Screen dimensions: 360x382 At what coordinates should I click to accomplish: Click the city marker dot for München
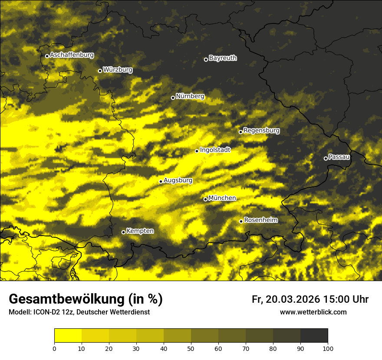[206, 200]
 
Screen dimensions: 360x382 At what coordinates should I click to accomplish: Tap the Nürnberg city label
[190, 96]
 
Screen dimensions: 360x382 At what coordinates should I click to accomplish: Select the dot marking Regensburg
[240, 132]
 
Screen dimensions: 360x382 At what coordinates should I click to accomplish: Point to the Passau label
[339, 157]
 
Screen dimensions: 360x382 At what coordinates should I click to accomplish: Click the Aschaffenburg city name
[72, 55]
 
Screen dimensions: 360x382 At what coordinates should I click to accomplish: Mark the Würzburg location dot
[100, 71]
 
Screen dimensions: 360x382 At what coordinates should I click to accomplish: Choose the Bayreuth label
[223, 58]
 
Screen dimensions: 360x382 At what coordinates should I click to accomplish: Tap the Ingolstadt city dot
[197, 151]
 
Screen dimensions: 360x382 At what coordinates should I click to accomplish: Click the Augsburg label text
[178, 180]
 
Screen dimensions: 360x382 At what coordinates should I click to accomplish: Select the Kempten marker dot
[123, 232]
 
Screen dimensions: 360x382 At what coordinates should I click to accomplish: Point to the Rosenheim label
[260, 220]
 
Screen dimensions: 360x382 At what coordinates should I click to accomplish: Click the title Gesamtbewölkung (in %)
[86, 299]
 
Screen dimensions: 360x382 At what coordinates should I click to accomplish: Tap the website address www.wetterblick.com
[313, 312]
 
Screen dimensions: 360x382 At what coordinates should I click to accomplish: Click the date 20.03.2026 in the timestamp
[292, 299]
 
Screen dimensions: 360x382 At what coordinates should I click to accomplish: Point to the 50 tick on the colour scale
[191, 348]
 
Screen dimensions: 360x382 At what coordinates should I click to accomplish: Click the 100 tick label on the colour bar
[328, 348]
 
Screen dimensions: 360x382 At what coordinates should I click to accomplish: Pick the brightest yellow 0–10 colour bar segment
[68, 336]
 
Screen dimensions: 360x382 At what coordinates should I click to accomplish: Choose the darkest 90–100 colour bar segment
[314, 336]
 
